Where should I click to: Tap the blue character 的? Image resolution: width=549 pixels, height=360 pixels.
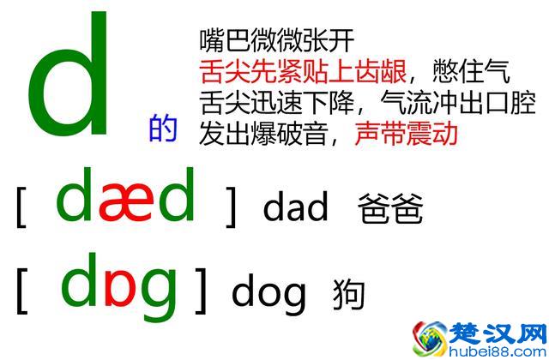163,129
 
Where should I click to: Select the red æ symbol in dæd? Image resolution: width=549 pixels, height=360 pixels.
126,201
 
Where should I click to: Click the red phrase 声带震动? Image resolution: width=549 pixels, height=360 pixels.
406,134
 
